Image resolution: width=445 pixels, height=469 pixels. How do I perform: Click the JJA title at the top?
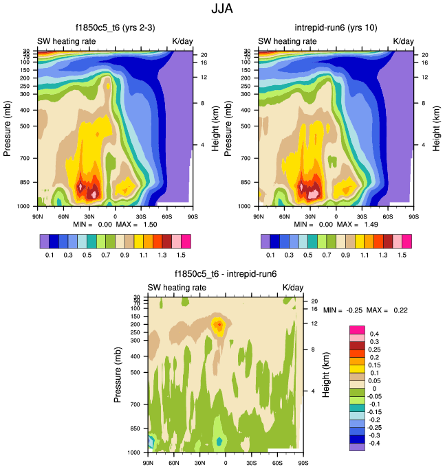[222, 10]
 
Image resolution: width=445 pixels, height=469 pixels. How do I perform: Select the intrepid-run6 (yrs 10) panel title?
[336, 29]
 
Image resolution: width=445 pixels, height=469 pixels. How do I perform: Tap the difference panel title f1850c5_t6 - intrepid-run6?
[225, 275]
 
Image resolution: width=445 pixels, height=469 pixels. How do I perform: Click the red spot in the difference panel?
[219, 324]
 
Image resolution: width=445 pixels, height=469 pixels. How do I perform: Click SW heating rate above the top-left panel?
[67, 41]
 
